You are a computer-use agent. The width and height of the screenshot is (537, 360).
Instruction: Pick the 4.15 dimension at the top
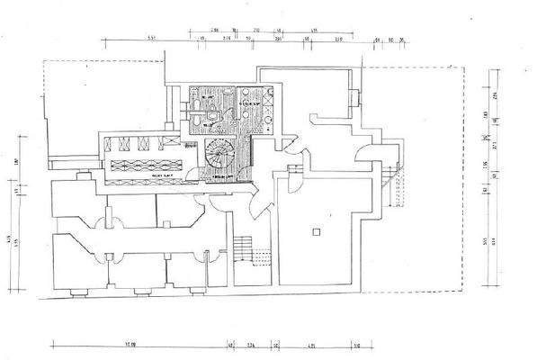point(315,31)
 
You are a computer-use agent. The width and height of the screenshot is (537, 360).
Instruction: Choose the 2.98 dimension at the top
point(204,31)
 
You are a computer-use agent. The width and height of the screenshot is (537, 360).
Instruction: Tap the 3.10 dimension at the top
point(338,40)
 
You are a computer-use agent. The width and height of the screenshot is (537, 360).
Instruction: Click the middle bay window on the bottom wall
point(140,290)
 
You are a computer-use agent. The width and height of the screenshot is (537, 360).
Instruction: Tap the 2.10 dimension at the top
point(256,31)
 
